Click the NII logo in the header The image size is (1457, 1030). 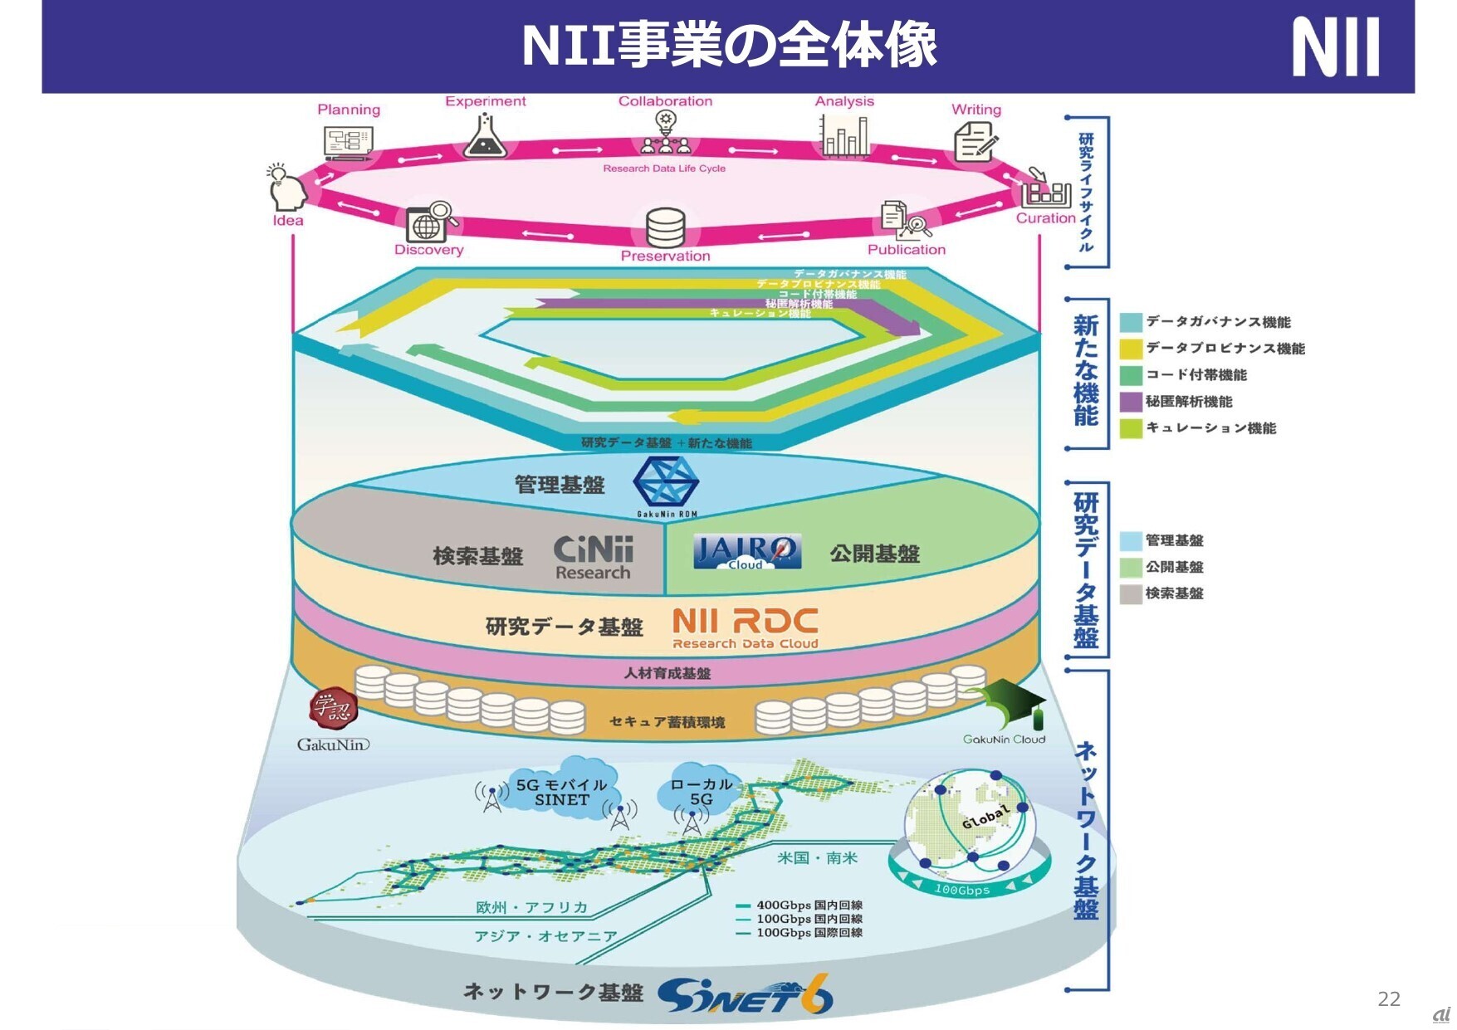coord(1335,47)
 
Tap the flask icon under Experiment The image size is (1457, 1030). coord(486,136)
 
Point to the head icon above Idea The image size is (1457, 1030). coord(286,188)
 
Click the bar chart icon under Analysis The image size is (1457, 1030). coord(844,136)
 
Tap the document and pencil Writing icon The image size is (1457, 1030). coord(975,141)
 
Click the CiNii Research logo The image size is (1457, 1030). coord(594,558)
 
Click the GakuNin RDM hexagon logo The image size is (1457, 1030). coord(666,484)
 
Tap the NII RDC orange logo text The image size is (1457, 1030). coord(745,628)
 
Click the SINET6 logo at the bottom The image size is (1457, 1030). coord(745,995)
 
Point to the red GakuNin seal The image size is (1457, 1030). coord(333,708)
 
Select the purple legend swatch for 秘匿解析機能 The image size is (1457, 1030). coord(1131,402)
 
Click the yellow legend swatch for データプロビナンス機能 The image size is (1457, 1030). coord(1131,349)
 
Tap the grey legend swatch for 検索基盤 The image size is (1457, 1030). coord(1131,593)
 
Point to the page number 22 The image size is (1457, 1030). coord(1389,999)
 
